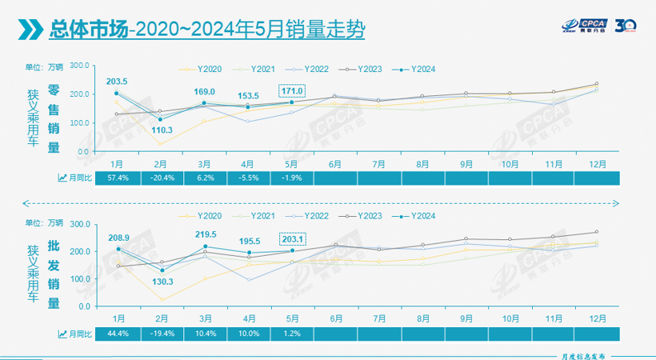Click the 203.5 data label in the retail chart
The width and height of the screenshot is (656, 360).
pyautogui.click(x=118, y=82)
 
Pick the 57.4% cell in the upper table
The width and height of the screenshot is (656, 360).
pyautogui.click(x=118, y=178)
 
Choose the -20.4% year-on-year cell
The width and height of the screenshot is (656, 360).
pyautogui.click(x=162, y=178)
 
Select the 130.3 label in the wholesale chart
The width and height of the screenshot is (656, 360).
pyautogui.click(x=162, y=281)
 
